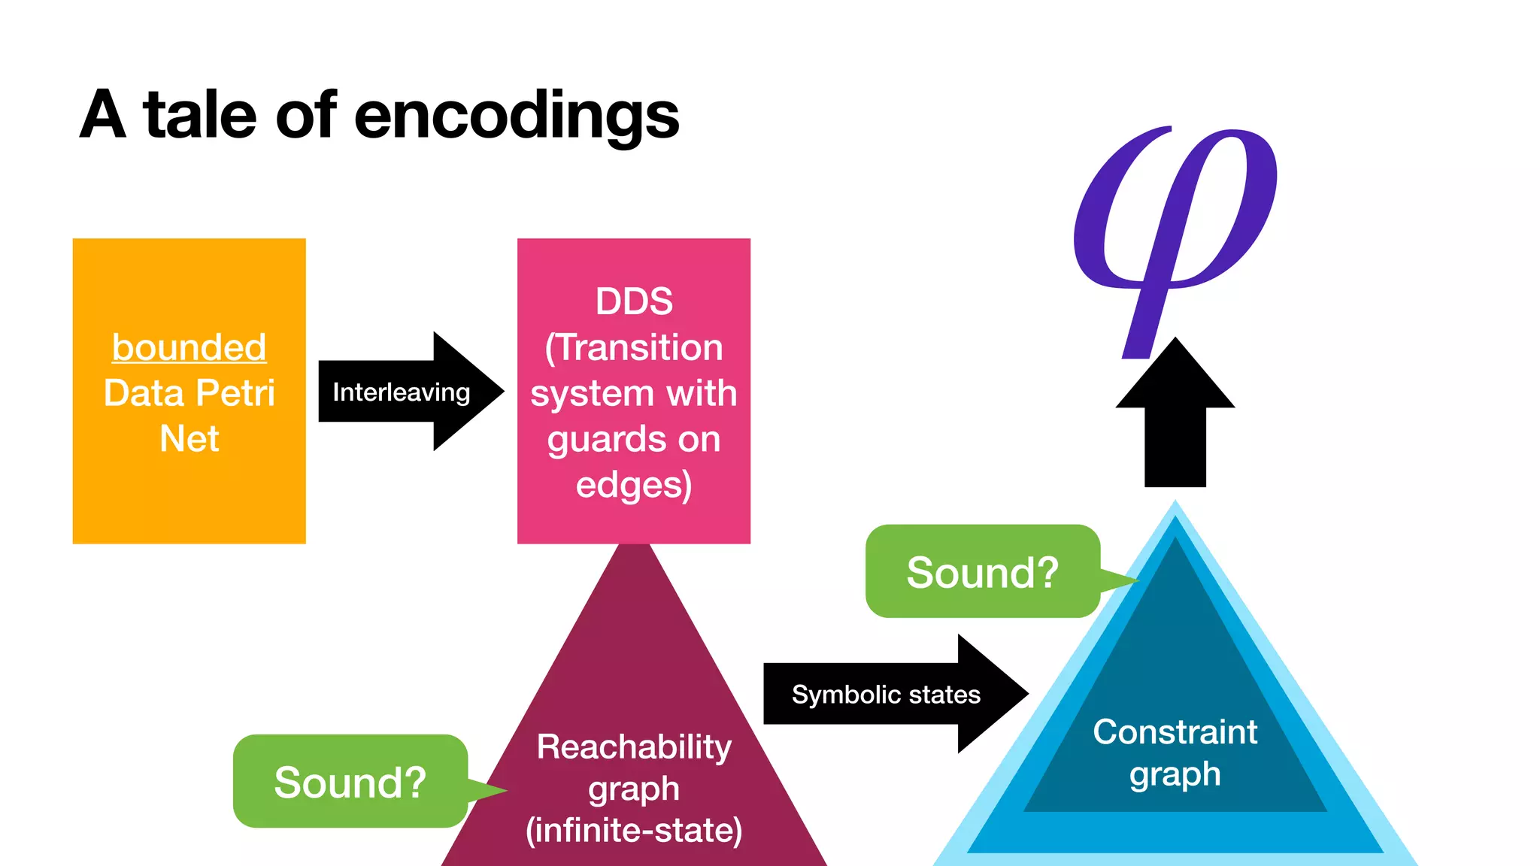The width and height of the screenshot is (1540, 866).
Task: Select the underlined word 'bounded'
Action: pyautogui.click(x=189, y=347)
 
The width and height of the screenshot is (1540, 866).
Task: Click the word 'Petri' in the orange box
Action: pyautogui.click(x=235, y=393)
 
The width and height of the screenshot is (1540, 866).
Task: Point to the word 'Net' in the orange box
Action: pyautogui.click(x=189, y=438)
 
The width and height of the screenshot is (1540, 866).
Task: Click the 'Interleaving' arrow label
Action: pyautogui.click(x=401, y=392)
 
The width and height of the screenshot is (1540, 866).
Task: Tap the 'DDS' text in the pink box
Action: pyautogui.click(x=634, y=301)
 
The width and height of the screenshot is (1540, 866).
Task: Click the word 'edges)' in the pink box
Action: pyautogui.click(x=634, y=485)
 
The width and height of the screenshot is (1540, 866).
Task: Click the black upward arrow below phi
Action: pyautogui.click(x=1175, y=421)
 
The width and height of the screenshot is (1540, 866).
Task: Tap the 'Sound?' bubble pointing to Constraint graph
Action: pyautogui.click(x=982, y=572)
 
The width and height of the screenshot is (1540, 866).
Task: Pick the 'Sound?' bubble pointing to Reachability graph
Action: pyautogui.click(x=350, y=782)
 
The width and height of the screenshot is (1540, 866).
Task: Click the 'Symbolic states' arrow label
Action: pyautogui.click(x=886, y=695)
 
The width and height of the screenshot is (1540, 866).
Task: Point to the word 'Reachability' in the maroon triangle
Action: pyautogui.click(x=634, y=747)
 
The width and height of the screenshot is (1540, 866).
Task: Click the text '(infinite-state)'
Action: pyautogui.click(x=634, y=830)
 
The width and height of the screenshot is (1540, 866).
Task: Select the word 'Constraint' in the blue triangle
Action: pyautogui.click(x=1175, y=732)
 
